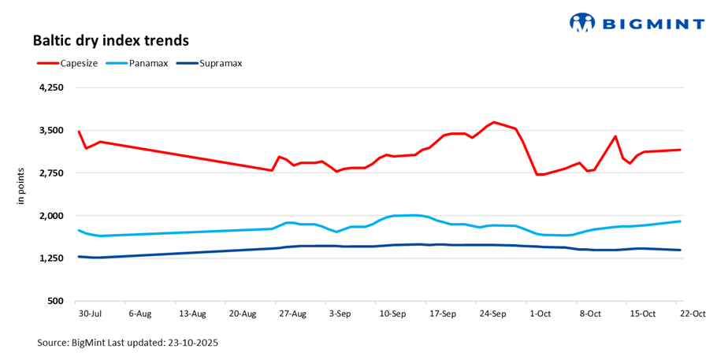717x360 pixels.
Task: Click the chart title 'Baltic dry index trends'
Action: tap(110, 39)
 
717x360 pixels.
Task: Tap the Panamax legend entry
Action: tap(142, 63)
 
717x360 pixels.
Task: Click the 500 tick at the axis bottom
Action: tap(55, 301)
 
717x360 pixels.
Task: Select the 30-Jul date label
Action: tap(90, 314)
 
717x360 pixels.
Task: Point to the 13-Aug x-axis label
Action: tap(192, 314)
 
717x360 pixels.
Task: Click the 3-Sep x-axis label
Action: tap(340, 314)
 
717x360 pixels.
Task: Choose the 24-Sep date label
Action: tap(492, 314)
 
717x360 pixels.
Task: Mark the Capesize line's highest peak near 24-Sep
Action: tap(493, 122)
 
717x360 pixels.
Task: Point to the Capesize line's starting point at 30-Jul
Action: tap(79, 132)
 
